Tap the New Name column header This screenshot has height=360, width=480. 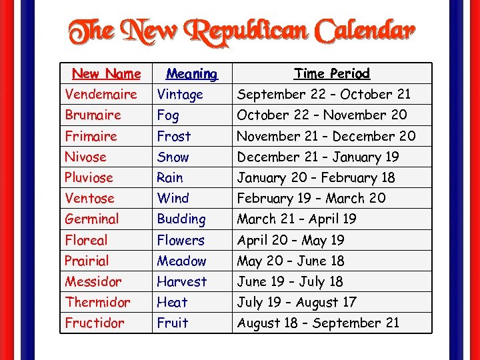click(x=107, y=73)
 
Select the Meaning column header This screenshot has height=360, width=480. click(x=191, y=73)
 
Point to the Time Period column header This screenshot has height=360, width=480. click(x=332, y=73)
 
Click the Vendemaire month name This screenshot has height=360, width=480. click(x=101, y=94)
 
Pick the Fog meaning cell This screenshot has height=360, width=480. click(x=168, y=115)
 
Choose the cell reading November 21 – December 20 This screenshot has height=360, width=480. click(x=327, y=136)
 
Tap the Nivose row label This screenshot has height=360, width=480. click(x=85, y=157)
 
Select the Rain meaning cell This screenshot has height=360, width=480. click(x=169, y=177)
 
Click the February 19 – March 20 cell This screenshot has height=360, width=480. click(x=311, y=198)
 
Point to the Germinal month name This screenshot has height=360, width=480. click(x=92, y=219)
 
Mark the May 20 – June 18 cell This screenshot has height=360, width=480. click(x=291, y=261)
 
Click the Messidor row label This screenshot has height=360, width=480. click(x=93, y=281)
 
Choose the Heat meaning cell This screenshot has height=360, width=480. click(x=172, y=302)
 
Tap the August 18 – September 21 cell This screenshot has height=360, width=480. click(x=319, y=323)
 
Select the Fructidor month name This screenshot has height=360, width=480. click(x=95, y=323)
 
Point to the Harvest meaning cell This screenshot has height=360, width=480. click(x=182, y=281)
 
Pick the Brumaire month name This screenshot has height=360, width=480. click(x=93, y=115)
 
